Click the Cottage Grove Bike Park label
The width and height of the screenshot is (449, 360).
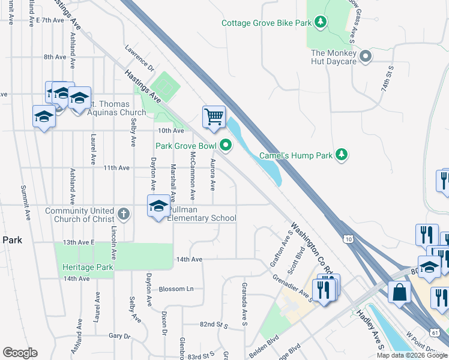[x=267, y=23]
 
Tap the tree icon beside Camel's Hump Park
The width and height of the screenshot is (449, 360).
[x=342, y=155]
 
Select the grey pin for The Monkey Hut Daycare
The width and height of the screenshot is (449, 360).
[x=366, y=57]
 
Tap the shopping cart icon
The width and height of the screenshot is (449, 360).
[x=214, y=116]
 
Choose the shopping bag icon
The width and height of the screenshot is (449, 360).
[x=399, y=293]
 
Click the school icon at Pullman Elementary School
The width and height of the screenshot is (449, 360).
[x=158, y=207]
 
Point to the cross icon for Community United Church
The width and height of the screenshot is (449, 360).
[x=123, y=214]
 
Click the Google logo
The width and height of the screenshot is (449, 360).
[x=20, y=353]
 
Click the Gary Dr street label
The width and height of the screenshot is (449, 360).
[x=119, y=336]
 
